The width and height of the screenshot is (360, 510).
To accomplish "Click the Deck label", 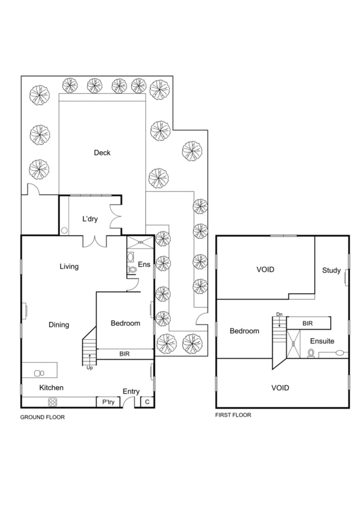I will point(102,152).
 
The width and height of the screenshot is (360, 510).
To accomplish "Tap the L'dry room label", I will point(93,219).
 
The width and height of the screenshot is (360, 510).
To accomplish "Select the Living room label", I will point(69,266).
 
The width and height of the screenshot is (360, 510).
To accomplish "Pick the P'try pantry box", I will point(104,402).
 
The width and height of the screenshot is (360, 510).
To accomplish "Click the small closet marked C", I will point(147,402).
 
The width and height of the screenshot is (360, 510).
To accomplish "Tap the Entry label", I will point(131,392).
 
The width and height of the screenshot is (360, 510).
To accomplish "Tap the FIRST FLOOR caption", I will point(234,415).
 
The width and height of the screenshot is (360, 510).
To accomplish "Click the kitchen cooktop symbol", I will point(54,402).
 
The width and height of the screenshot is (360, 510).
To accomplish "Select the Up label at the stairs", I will point(90,367).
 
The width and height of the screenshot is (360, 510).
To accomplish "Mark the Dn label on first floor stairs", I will point(278,314).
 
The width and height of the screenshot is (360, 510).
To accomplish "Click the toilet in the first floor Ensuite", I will point(312,353).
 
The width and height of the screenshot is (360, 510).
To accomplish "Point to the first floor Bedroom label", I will point(245,331).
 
